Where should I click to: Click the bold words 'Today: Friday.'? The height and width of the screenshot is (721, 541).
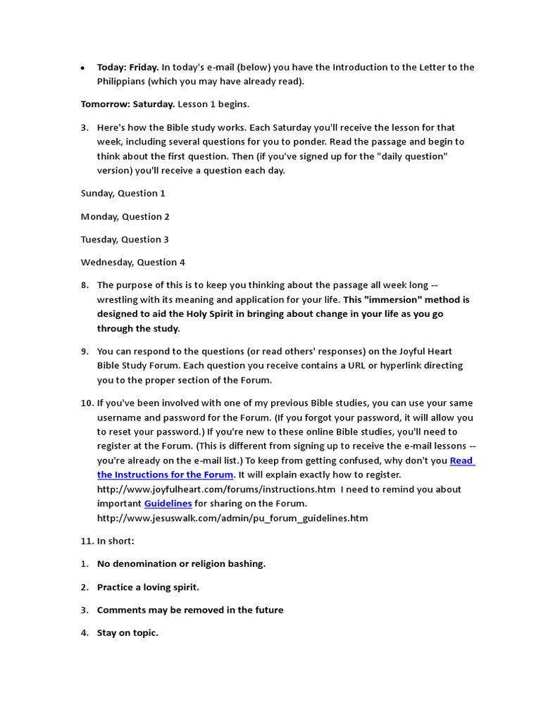(x=128, y=68)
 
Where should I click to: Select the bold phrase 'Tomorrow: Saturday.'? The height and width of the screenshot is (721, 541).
(x=128, y=104)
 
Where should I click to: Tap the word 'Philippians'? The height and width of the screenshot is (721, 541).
(x=123, y=81)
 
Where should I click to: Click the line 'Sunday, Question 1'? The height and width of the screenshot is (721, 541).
(x=123, y=193)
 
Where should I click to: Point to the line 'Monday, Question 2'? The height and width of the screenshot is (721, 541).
(x=125, y=216)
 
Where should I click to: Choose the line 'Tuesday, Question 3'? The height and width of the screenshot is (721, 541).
(x=125, y=239)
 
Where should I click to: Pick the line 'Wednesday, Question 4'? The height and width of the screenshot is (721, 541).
(x=132, y=262)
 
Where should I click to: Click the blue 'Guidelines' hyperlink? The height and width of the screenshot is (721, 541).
(x=168, y=503)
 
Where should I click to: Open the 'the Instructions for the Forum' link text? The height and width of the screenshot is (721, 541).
(x=165, y=475)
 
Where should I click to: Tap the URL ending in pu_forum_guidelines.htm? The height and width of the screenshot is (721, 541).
(x=232, y=518)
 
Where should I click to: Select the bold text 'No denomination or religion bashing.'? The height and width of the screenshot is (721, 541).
(x=181, y=564)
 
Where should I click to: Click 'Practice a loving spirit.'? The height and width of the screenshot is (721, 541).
(x=148, y=587)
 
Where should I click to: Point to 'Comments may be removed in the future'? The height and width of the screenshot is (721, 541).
(x=190, y=610)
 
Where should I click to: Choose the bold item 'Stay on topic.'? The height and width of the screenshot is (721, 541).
(x=128, y=633)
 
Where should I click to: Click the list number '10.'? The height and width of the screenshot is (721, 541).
(x=87, y=403)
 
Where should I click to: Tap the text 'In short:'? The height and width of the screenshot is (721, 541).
(x=116, y=541)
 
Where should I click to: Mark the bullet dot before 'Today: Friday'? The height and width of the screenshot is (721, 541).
(x=83, y=68)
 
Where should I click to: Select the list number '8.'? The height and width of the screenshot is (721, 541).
(x=85, y=285)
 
